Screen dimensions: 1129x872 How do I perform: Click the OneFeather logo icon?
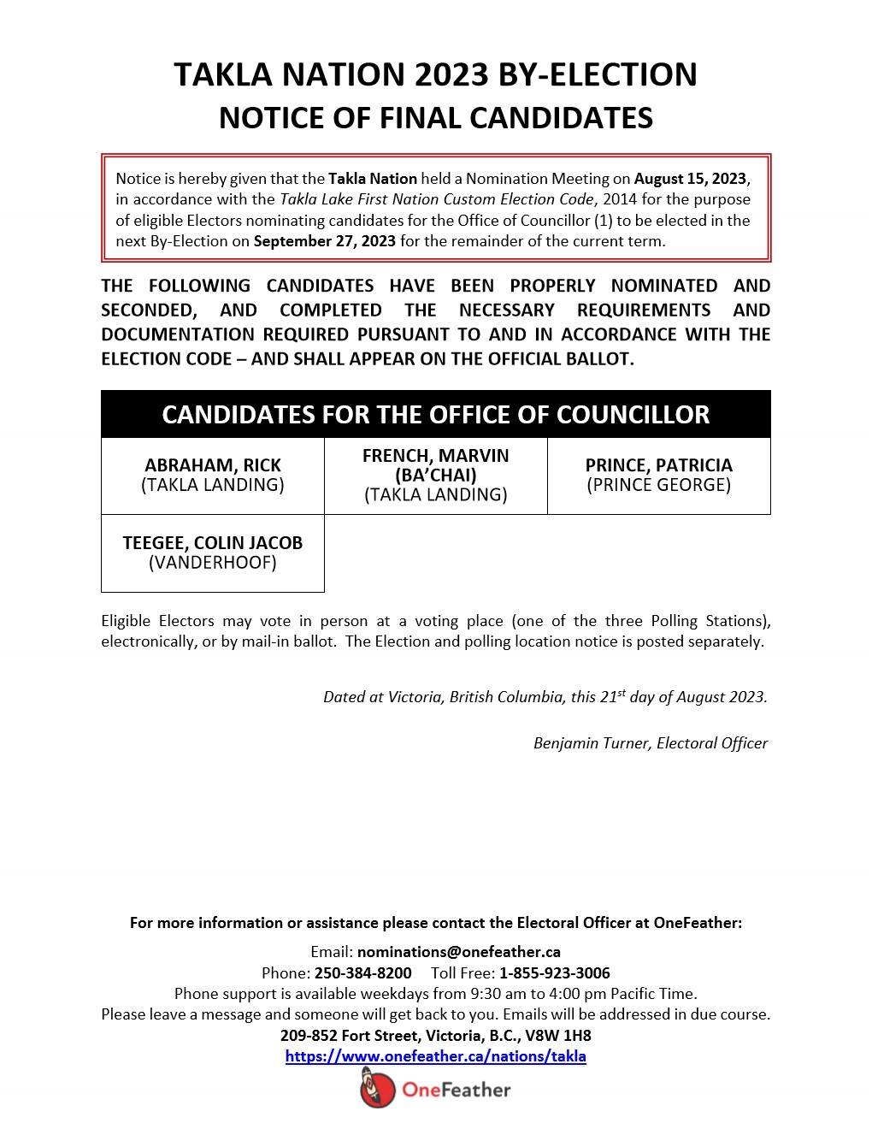point(377,1089)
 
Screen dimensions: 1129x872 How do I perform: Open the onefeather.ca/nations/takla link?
point(435,1056)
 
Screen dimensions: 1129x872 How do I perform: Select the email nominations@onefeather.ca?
point(458,952)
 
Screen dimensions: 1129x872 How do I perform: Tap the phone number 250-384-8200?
point(362,973)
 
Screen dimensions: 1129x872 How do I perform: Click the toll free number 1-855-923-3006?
point(555,973)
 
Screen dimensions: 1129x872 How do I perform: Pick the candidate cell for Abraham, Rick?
point(213,476)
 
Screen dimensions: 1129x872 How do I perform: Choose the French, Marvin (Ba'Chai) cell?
point(436,476)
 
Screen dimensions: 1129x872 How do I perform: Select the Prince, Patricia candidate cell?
point(658,476)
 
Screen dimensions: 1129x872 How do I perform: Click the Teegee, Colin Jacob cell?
point(213,553)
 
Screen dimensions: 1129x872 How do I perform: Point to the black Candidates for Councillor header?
point(436,415)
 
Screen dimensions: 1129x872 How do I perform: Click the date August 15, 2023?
point(690,179)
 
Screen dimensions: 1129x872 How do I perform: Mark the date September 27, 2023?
point(324,241)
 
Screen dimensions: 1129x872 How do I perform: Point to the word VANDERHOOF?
point(213,563)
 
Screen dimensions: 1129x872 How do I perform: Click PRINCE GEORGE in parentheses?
point(658,485)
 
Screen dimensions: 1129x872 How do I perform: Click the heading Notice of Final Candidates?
point(436,118)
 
